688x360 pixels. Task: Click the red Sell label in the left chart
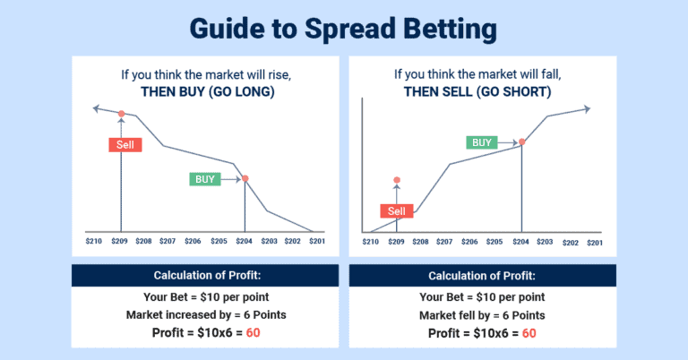[124, 144]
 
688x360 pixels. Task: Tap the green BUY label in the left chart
[205, 179]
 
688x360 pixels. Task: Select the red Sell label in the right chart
[397, 211]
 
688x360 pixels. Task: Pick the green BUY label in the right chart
[482, 142]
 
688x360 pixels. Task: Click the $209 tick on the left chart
[120, 242]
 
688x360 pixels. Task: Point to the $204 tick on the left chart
[245, 242]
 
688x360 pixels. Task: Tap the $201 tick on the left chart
[316, 242]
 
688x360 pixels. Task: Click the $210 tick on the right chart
[371, 242]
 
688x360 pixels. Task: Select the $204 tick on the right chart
[520, 242]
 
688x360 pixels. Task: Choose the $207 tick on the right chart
[444, 242]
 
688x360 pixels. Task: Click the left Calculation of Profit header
[205, 275]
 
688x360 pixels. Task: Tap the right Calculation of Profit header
[481, 275]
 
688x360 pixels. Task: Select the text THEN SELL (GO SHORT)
[481, 91]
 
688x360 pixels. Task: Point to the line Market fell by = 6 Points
[481, 315]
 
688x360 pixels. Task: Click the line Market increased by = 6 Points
[205, 315]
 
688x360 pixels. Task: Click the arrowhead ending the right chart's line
[587, 109]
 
